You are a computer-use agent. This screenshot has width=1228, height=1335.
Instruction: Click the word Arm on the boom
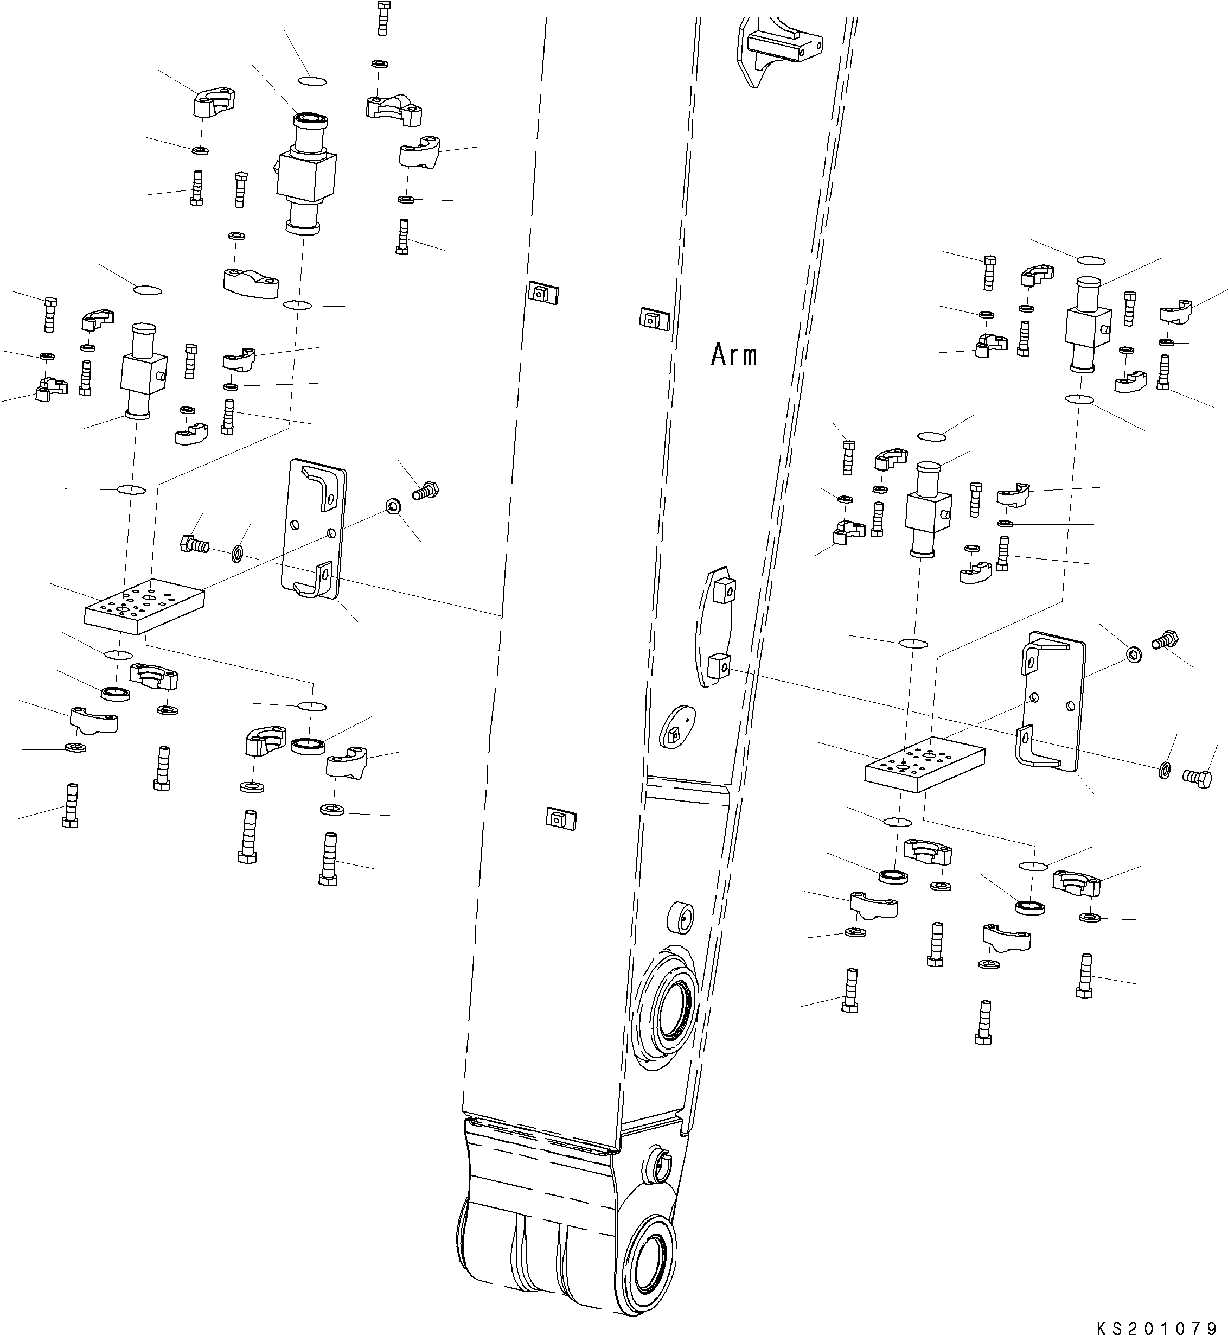point(734,355)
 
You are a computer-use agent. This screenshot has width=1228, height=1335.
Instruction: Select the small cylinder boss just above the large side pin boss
point(681,918)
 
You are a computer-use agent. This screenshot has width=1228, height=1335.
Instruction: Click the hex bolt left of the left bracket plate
point(194,544)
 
